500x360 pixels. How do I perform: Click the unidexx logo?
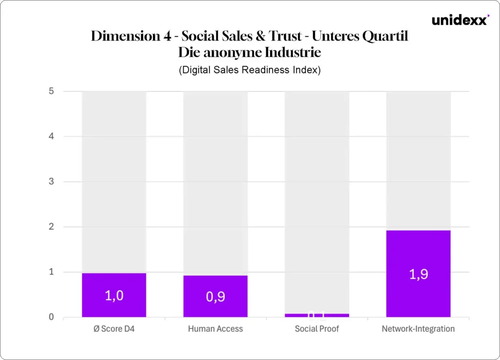point(460,20)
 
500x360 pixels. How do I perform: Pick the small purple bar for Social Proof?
point(317,316)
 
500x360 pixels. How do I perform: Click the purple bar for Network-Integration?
point(418,254)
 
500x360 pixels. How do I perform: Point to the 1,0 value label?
point(114,296)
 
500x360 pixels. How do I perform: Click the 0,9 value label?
point(215,296)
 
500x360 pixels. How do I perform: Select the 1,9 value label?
point(418,274)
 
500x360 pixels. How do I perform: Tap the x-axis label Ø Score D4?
point(114,329)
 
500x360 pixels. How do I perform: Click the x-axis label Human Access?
point(215,329)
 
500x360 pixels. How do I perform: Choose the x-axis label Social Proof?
point(317,329)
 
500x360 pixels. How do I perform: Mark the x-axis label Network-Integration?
point(418,329)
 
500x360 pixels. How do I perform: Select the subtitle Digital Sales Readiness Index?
point(250,70)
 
